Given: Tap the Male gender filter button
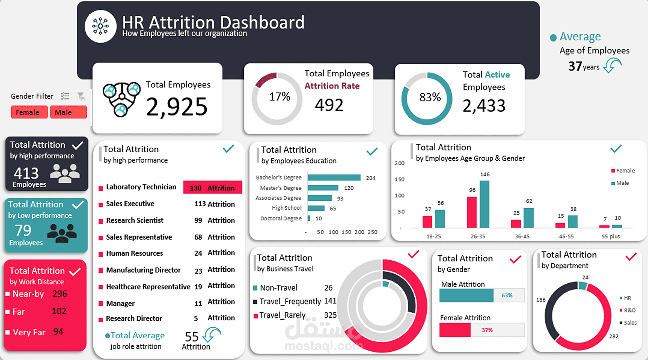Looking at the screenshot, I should pos(68,112).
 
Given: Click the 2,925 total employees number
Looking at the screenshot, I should pos(177,107).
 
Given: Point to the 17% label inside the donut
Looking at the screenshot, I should pos(279,96).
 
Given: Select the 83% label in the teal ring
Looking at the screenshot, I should pos(430,97).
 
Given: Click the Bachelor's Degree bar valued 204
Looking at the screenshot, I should pos(334,177).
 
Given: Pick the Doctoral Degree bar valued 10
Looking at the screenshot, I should pos(309,218).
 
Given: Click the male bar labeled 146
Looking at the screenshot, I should pos(484,204).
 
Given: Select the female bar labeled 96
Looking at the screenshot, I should pos(472,212).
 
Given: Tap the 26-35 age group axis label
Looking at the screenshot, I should pos(478,237).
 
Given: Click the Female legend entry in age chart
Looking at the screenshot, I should pos(623,171).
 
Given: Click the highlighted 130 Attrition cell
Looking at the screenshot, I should pos(212,188).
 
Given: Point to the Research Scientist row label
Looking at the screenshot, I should pos(135,220).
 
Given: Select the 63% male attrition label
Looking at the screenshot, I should pos(507,295).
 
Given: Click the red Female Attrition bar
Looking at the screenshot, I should pos(455,330).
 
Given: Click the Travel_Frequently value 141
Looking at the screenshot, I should pos(330,301).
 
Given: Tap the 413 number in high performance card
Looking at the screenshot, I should pos(26,174).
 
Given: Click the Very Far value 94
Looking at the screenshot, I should pos(58,332).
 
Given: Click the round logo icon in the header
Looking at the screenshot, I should pos(100,26).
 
